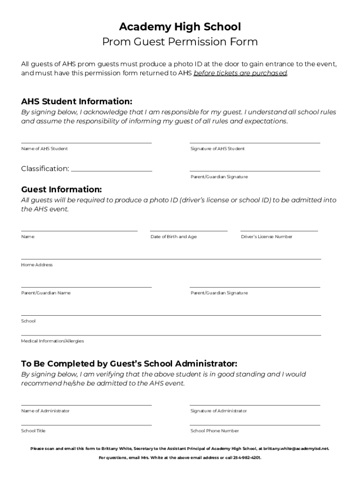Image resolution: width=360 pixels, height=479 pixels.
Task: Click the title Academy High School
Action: coord(180,26)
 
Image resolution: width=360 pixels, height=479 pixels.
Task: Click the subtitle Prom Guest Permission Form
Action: coord(180,42)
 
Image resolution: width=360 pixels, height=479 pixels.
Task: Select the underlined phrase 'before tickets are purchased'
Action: coord(240,73)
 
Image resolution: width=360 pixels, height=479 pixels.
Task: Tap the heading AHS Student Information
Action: coord(77,102)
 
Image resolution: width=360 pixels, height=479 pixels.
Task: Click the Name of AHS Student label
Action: coord(44,149)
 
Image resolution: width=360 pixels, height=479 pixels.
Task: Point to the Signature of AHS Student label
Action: coord(217,149)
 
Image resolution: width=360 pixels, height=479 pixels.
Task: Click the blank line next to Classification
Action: coord(111,169)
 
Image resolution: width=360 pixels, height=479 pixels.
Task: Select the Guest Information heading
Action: coord(61,189)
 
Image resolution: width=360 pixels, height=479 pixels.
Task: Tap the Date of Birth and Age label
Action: coord(173,237)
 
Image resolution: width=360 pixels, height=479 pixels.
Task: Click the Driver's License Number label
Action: coord(266,237)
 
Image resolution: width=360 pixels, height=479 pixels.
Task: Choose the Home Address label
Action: coord(37,265)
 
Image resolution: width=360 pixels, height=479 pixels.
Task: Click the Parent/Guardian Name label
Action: coord(46,293)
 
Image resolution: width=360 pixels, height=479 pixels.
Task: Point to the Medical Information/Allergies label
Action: coord(52,341)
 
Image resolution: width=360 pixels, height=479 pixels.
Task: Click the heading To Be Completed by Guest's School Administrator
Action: coord(129,363)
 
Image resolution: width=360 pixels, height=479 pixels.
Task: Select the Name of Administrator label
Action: coord(45,411)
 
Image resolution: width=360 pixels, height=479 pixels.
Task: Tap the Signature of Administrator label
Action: coord(218,411)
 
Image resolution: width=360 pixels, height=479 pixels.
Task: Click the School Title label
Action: coord(33,431)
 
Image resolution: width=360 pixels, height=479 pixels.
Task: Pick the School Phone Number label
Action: coord(215,431)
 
